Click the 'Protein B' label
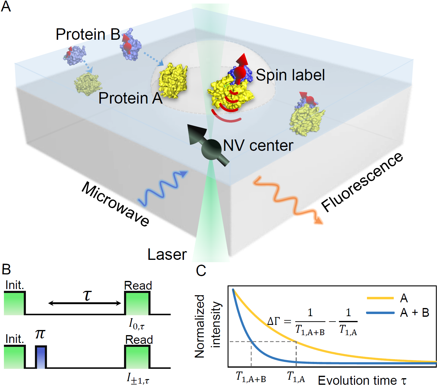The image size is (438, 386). (88, 34)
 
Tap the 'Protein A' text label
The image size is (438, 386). (130, 98)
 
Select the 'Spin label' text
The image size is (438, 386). (290, 75)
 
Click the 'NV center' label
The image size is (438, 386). (258, 146)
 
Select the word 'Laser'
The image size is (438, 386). (167, 255)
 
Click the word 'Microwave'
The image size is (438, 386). (115, 204)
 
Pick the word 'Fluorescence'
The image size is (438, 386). (362, 182)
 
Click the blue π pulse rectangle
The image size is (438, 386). (41, 357)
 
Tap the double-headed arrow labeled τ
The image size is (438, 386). (85, 303)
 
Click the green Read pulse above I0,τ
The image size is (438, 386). (137, 304)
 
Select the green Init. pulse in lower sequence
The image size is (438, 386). (14, 357)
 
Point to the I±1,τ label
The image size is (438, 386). (138, 378)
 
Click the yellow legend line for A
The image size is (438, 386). (380, 298)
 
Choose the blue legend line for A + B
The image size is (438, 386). (380, 313)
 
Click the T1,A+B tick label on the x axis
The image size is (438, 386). (251, 377)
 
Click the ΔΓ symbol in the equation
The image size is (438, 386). (274, 321)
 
